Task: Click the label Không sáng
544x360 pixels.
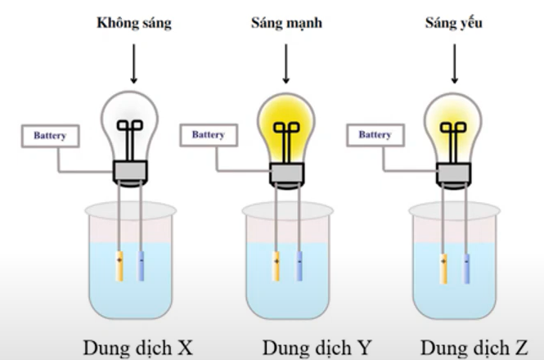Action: tap(133, 24)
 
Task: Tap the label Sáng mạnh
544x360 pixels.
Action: tap(285, 24)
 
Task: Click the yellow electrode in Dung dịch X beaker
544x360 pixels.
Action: tap(119, 267)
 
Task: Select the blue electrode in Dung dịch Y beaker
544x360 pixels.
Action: tap(299, 267)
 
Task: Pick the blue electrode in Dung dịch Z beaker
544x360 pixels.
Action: tap(466, 267)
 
